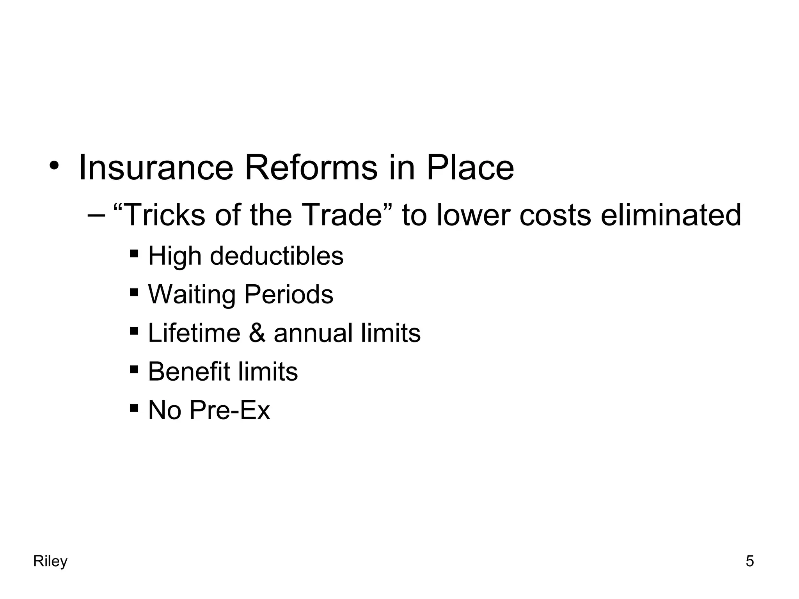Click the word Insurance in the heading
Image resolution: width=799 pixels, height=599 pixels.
tap(156, 168)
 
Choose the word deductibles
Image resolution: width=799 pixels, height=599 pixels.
tap(277, 256)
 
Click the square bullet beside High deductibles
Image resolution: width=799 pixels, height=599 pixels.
tap(134, 253)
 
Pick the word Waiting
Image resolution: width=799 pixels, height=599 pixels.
tap(192, 295)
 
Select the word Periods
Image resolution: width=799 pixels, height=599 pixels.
tap(288, 294)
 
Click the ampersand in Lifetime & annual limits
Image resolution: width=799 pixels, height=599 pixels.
tap(257, 333)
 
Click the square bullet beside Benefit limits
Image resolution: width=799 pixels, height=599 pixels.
tap(134, 369)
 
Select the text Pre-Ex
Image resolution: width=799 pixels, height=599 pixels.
tap(230, 410)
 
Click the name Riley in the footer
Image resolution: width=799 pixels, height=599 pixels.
tap(50, 562)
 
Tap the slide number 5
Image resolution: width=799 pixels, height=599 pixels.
tap(749, 562)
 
